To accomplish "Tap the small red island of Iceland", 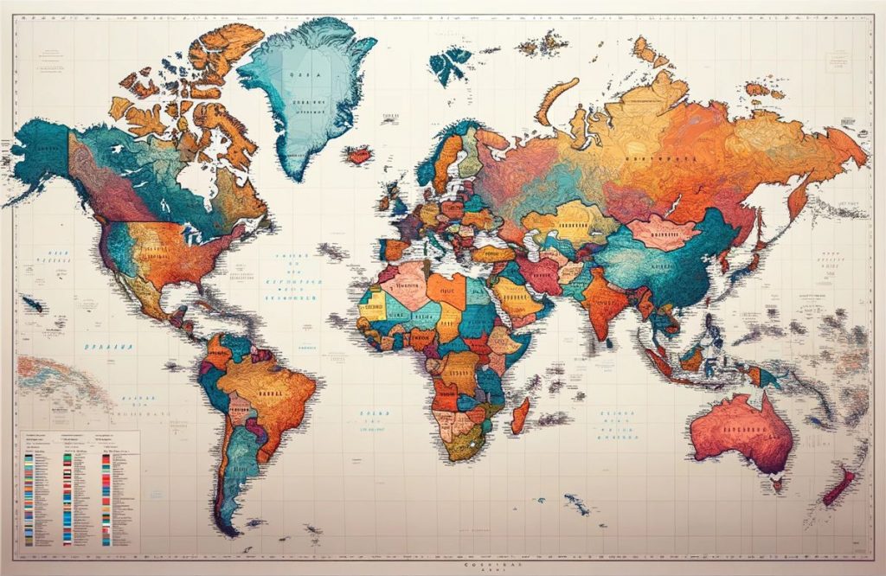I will (358, 156).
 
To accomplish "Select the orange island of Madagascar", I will (520, 415).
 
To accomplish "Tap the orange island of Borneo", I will (692, 358).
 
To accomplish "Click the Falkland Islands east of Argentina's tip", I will (255, 522).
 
